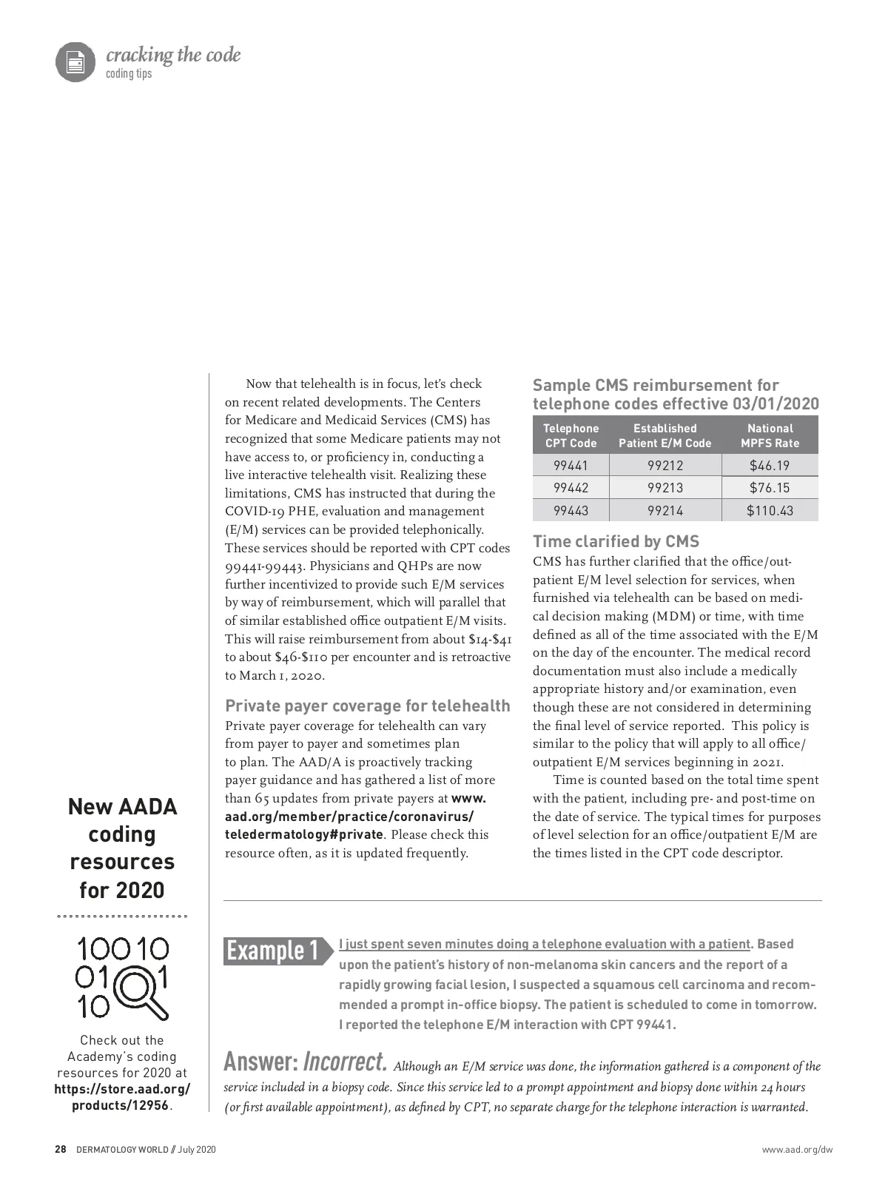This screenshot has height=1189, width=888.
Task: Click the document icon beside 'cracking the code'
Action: [x=75, y=61]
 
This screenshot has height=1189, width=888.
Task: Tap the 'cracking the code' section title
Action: [x=173, y=56]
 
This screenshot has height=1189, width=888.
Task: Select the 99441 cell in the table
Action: [x=571, y=466]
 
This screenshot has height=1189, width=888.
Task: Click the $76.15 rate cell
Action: [x=770, y=488]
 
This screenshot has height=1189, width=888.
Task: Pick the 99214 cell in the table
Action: [x=665, y=510]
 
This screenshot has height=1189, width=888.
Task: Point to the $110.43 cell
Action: [x=770, y=510]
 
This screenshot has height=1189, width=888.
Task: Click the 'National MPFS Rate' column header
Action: [x=770, y=435]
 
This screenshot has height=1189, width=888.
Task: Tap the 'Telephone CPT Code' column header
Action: [x=571, y=435]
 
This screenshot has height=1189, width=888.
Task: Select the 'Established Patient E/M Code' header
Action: [x=665, y=435]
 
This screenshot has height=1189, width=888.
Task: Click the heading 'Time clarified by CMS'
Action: [x=616, y=541]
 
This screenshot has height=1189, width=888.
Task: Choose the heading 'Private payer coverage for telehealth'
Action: [x=368, y=706]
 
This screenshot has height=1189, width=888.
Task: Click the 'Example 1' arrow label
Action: [x=275, y=950]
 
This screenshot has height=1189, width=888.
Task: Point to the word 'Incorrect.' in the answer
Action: [x=346, y=1062]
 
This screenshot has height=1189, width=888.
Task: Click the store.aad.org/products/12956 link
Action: [x=122, y=1097]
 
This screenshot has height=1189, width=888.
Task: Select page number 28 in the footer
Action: [x=61, y=1150]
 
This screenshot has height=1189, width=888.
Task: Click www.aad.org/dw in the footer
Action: [x=797, y=1150]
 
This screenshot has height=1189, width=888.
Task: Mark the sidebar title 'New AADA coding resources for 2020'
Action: [x=122, y=848]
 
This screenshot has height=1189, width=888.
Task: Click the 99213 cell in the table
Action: [x=665, y=488]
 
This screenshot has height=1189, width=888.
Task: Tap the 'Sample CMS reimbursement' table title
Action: [x=676, y=395]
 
